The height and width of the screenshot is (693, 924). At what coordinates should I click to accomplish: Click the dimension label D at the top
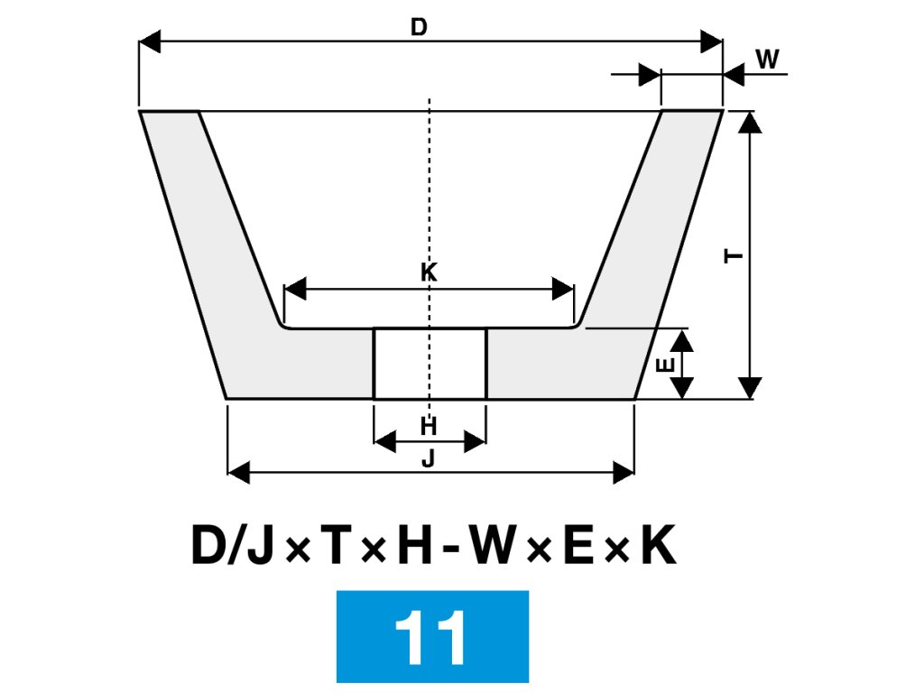pos(419,27)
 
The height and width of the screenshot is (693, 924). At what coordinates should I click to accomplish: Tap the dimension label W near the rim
pos(767,60)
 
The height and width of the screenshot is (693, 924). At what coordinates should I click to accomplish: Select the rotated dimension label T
pos(735,256)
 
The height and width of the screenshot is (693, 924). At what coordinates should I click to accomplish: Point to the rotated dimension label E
pos(665,365)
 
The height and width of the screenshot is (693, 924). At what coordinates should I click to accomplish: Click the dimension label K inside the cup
pos(429,272)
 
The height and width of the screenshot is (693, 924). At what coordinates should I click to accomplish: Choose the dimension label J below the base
pos(429,458)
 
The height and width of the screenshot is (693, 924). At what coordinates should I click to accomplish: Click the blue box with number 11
pos(432,636)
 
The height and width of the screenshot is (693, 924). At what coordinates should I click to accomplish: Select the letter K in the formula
pos(658,546)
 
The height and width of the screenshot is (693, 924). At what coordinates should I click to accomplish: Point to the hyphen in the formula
pos(449,549)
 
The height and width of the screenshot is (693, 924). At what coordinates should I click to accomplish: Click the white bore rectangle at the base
pos(430,364)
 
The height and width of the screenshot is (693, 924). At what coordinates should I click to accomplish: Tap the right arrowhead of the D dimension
pos(712,42)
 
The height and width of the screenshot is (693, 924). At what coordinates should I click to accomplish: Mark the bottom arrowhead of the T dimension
pos(750,389)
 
